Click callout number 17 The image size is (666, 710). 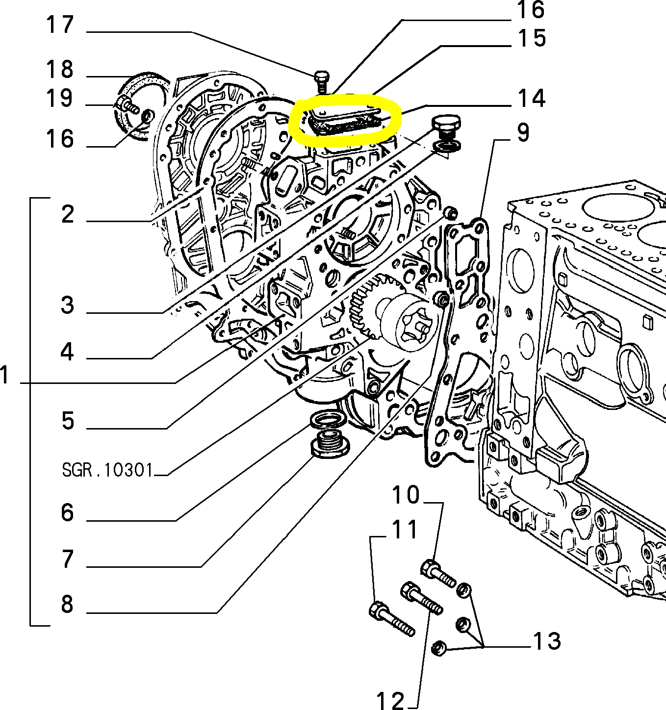(60, 25)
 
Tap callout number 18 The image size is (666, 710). (60, 70)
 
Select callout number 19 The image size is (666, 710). (60, 98)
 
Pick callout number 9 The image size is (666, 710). (523, 133)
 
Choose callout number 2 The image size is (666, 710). (68, 215)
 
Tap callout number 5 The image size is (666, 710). (68, 421)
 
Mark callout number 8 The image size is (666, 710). (68, 604)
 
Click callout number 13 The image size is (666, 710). (547, 641)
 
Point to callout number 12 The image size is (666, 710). (391, 701)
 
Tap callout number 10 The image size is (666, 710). (406, 495)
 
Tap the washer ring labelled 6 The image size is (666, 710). (327, 420)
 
